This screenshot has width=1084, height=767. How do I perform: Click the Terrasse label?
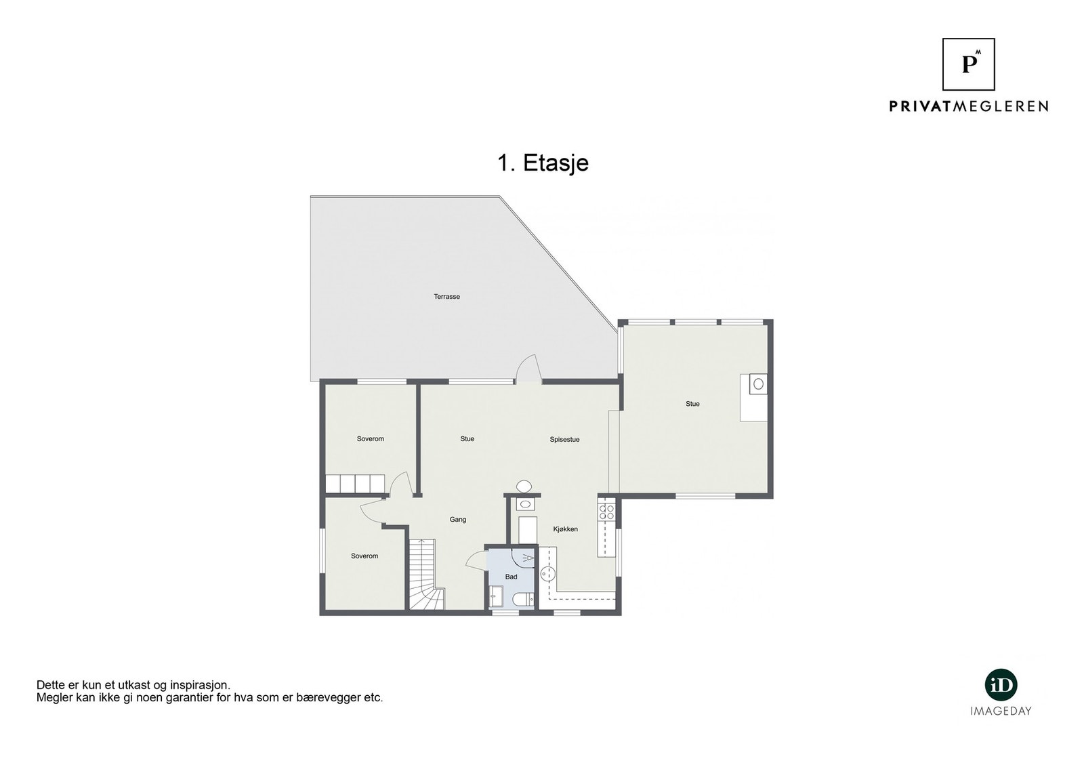point(447,297)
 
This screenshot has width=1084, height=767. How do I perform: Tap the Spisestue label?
point(564,440)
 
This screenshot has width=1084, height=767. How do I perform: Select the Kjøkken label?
point(566,529)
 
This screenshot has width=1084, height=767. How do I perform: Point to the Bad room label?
point(511,577)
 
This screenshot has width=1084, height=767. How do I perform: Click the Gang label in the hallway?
point(458,520)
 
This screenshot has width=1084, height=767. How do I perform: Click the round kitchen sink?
point(547,574)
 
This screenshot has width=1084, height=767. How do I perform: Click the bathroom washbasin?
point(495,598)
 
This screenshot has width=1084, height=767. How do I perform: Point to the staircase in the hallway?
point(424,576)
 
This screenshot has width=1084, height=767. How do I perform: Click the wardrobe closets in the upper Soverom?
point(354,483)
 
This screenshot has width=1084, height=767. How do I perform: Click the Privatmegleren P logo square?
point(969,64)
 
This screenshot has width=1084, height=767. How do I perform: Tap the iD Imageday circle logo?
point(1001,686)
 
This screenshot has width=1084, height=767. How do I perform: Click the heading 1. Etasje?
point(543,163)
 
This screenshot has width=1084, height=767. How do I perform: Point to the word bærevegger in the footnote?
point(335,698)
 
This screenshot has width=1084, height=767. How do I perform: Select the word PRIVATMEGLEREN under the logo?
point(969,106)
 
